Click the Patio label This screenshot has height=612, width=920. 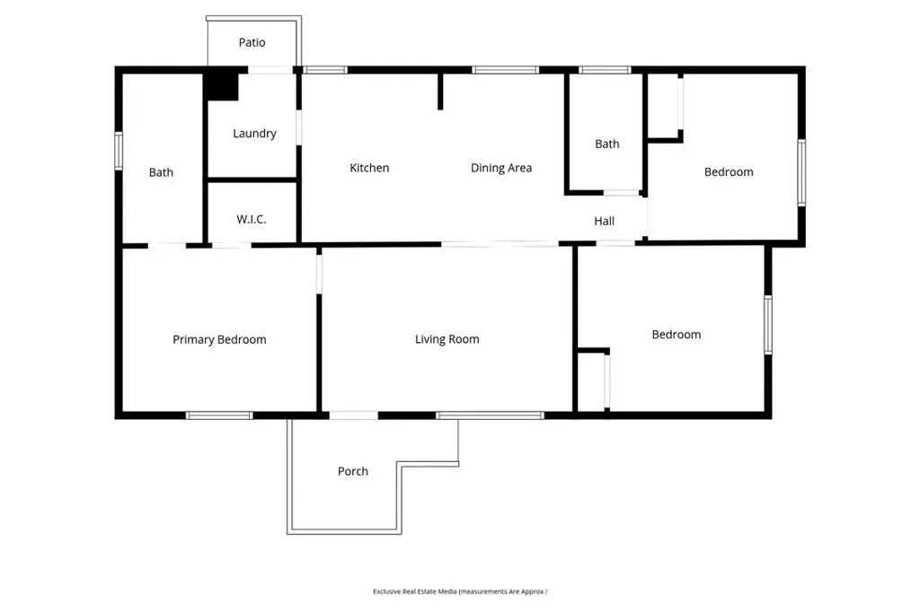(x=252, y=42)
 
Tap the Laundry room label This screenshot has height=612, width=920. (x=254, y=134)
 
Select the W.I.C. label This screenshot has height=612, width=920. (x=252, y=219)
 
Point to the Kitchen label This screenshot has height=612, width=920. (x=369, y=168)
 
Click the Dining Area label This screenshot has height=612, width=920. (x=501, y=168)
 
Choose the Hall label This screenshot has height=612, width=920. (x=604, y=221)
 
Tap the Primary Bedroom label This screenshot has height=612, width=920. (x=219, y=340)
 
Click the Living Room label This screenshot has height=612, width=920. (x=447, y=339)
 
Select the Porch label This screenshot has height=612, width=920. (x=352, y=471)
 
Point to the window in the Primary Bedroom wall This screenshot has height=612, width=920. (x=219, y=415)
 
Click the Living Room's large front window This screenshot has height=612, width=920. (x=490, y=415)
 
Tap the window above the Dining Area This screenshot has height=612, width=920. (x=505, y=70)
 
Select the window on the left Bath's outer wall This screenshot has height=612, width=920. (x=119, y=152)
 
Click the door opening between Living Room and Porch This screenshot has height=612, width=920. (x=354, y=415)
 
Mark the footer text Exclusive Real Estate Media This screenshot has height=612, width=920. (x=415, y=591)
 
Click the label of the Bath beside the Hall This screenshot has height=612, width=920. (x=606, y=144)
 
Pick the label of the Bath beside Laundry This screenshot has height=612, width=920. (x=161, y=172)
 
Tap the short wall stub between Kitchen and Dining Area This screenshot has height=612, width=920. (x=440, y=92)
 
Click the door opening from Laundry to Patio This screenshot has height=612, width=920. (x=270, y=70)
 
